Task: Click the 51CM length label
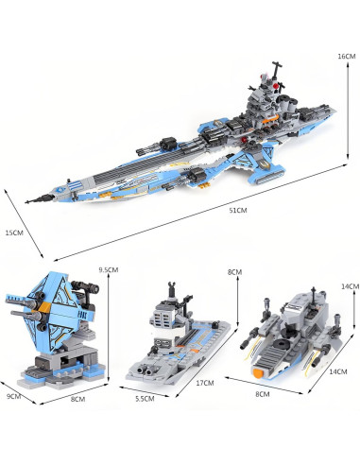tap(238, 210)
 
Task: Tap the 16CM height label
tap(347, 57)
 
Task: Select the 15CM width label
tap(14, 233)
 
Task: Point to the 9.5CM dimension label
tap(109, 269)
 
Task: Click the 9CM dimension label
tap(14, 396)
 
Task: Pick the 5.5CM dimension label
tap(145, 399)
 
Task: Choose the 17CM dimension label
tap(205, 383)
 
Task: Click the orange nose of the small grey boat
tap(258, 373)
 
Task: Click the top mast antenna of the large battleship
tap(277, 68)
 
